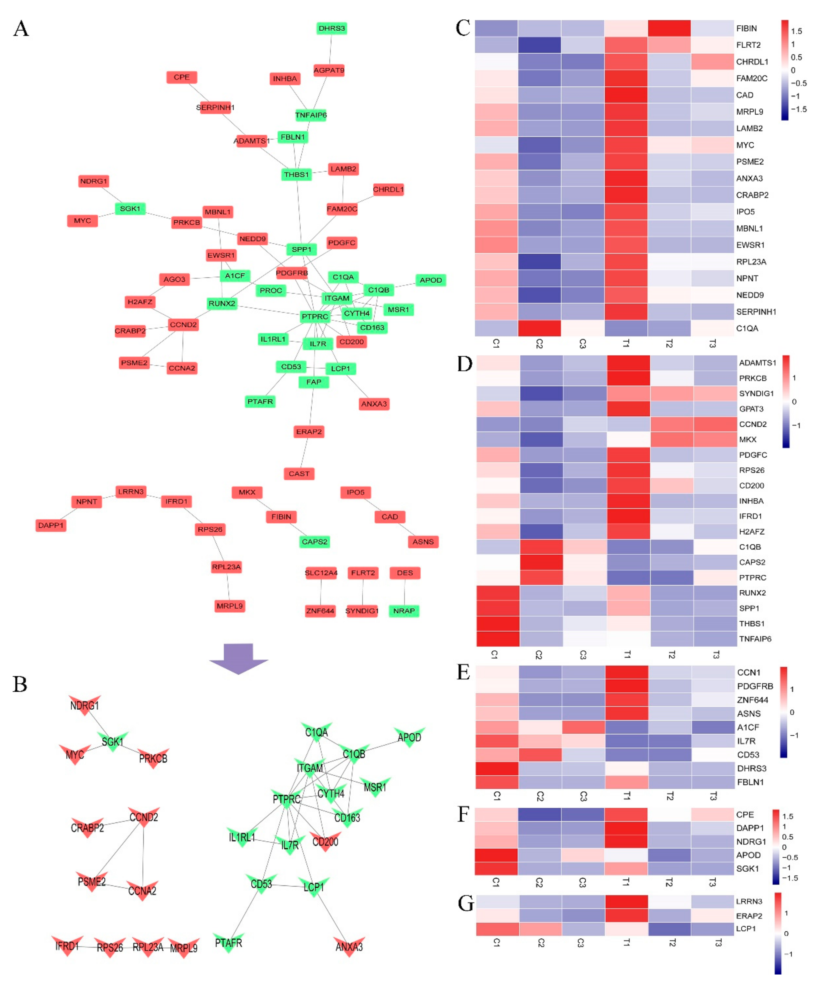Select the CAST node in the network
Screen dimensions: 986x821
click(299, 473)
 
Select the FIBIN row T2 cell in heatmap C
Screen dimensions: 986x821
click(669, 28)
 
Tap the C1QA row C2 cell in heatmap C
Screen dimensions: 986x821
click(539, 328)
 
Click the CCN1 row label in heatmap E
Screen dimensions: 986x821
click(748, 672)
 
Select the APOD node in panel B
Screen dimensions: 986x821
click(409, 737)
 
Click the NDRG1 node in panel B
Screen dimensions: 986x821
click(84, 705)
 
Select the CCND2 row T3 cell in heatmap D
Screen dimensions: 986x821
click(715, 424)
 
